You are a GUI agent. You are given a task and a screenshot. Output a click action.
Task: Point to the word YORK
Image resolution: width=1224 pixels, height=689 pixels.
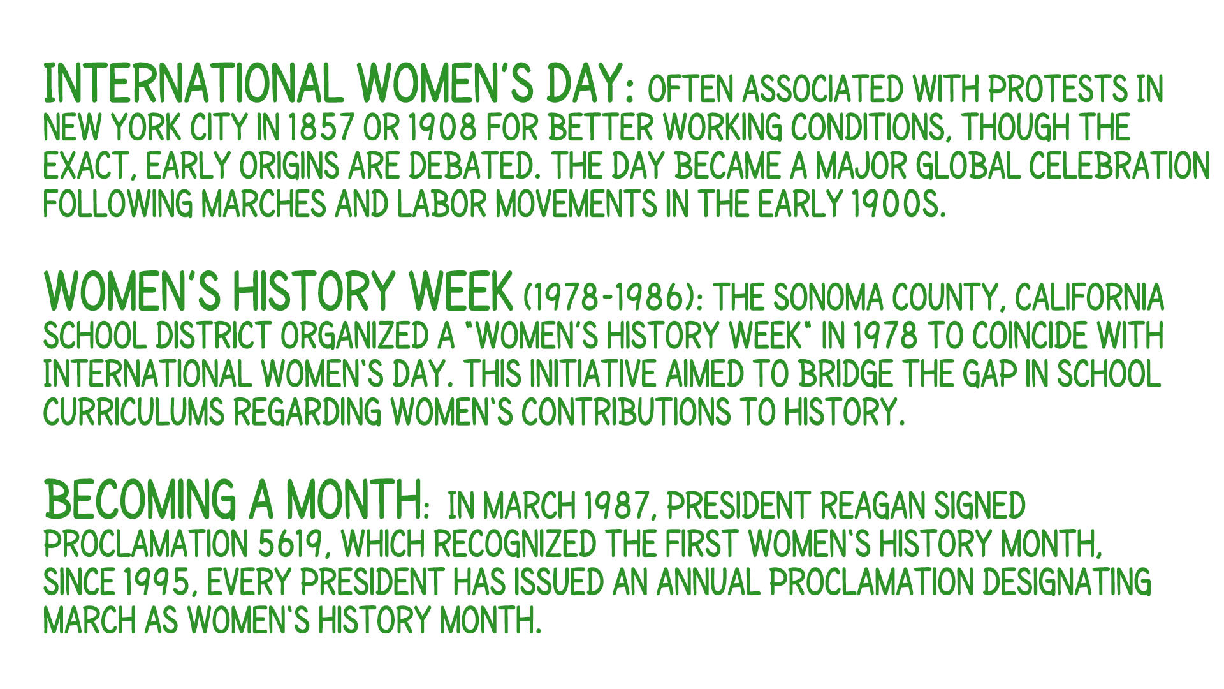click(146, 128)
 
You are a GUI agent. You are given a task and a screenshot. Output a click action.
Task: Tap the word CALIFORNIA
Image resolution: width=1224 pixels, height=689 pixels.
click(1089, 297)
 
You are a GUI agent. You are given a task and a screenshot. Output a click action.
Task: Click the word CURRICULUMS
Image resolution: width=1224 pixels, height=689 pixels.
click(134, 412)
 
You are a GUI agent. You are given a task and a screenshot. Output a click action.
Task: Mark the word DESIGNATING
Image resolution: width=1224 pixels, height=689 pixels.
click(1067, 582)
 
